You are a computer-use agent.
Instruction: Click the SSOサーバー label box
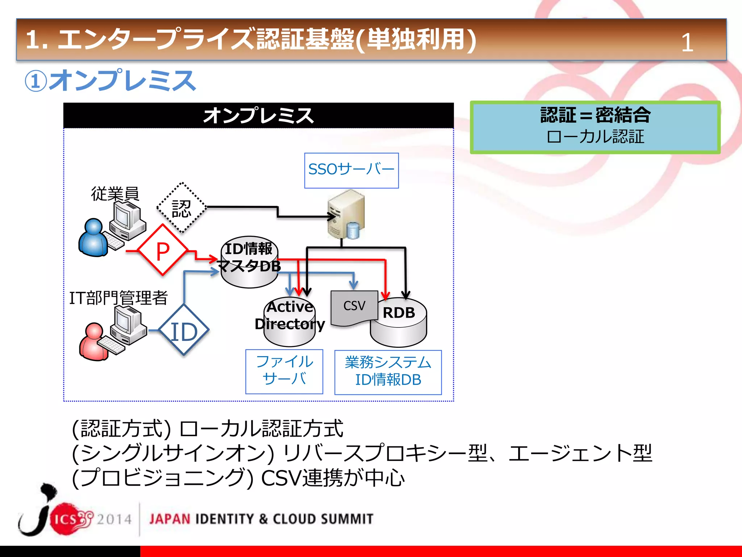[351, 170]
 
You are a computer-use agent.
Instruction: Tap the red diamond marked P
[163, 250]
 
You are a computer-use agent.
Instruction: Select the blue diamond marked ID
[184, 330]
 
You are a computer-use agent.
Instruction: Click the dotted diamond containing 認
[182, 208]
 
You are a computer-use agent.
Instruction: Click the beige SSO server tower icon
[346, 214]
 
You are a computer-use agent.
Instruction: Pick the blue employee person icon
[93, 238]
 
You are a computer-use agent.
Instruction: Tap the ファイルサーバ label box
[284, 371]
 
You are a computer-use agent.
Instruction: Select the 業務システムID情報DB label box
[388, 372]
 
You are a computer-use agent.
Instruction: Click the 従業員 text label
[115, 194]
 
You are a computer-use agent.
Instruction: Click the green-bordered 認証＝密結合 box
[595, 127]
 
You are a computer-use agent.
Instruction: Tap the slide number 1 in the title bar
[687, 43]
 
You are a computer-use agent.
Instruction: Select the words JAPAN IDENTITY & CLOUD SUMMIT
[261, 519]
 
